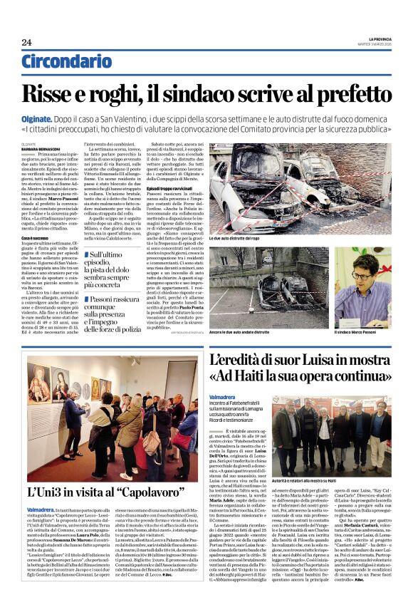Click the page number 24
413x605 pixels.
(26, 42)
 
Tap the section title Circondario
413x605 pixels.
(68, 62)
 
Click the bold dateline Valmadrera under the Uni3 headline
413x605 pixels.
(40, 511)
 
